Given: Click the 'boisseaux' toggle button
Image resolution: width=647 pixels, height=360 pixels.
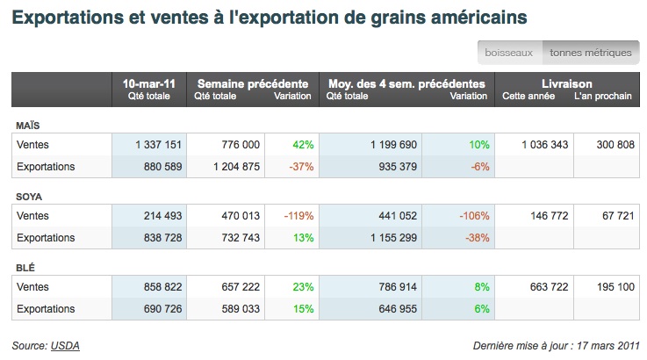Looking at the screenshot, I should (x=510, y=53).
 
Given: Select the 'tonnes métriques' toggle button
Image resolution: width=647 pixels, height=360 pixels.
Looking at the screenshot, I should (x=590, y=53).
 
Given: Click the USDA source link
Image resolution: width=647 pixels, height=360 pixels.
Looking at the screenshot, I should (x=65, y=345).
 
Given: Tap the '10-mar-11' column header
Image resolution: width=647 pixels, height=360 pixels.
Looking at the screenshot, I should (x=149, y=83).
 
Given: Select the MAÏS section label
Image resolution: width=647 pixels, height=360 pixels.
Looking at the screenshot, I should (x=28, y=125).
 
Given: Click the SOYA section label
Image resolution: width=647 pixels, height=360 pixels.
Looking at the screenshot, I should (x=30, y=196).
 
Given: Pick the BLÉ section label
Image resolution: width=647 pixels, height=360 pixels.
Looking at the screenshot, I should (x=26, y=267).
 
